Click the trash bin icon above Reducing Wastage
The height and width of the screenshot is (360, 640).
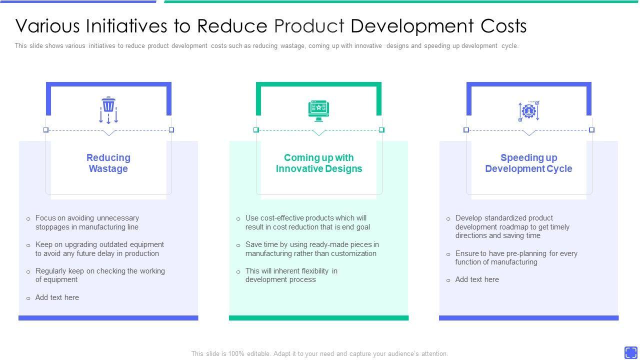(x=108, y=110)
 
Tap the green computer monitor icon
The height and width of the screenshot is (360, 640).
(x=318, y=110)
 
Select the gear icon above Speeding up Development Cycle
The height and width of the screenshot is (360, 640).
(x=528, y=111)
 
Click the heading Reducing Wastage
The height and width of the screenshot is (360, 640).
(x=108, y=163)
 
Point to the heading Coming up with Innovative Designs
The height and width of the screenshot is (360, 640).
(x=318, y=163)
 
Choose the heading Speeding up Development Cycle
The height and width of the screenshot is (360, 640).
(x=528, y=163)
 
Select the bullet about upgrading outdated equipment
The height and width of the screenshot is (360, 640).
(x=99, y=249)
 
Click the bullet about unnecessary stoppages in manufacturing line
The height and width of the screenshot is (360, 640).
(x=87, y=222)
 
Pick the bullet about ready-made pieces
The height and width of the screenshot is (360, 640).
(x=311, y=249)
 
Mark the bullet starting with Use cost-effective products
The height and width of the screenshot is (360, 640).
(x=307, y=222)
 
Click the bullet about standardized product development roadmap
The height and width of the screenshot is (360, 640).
(x=512, y=226)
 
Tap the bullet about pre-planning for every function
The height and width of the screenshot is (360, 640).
(x=516, y=257)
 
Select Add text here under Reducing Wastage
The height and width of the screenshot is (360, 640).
(x=57, y=297)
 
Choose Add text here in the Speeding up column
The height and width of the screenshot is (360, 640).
(x=477, y=279)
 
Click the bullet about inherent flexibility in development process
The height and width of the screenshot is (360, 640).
(x=291, y=275)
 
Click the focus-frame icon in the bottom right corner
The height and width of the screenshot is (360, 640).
(x=630, y=352)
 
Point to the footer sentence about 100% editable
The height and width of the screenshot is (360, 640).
(x=319, y=353)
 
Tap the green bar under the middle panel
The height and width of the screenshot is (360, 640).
(x=318, y=317)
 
